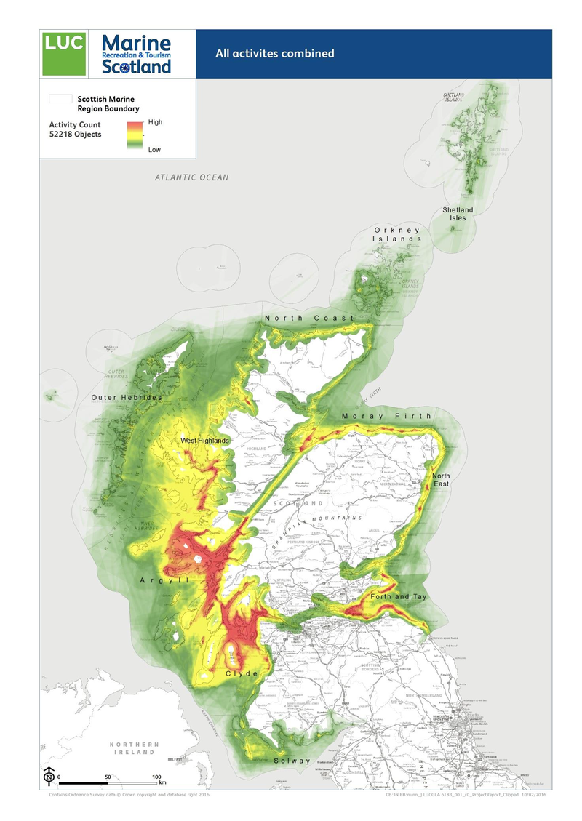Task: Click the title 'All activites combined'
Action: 274,53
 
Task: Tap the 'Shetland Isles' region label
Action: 458,214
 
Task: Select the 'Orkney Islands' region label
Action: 397,234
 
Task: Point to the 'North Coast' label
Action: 309,319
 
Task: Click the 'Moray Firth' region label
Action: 386,416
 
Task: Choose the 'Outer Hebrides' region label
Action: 127,398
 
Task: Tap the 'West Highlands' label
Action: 204,441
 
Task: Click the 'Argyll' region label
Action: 164,580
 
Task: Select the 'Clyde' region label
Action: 242,674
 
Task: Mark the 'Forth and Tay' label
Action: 399,596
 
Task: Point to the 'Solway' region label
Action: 292,761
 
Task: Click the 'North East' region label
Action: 441,480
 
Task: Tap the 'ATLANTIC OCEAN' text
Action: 191,177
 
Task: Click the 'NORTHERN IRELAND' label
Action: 134,749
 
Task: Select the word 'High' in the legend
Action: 155,122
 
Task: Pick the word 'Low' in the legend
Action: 154,149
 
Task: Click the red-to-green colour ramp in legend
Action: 134,136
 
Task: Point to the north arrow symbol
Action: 49,776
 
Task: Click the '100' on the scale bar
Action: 156,777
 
